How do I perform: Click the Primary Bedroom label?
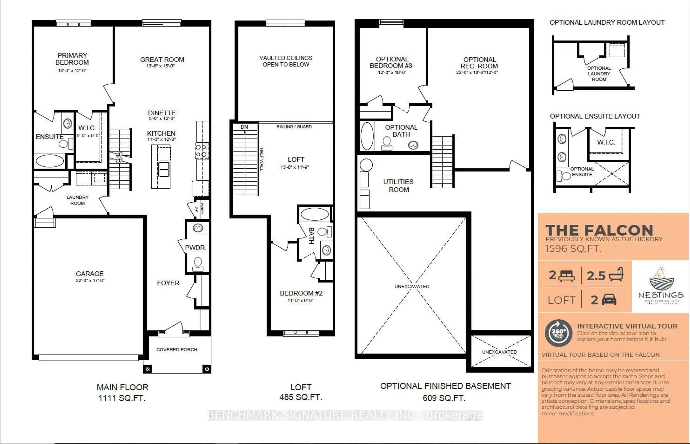point(72,59)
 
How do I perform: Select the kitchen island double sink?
point(164,169)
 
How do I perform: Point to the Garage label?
point(89,274)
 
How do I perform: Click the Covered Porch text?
point(177,350)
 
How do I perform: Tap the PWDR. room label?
point(195,248)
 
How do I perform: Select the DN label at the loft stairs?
point(244,127)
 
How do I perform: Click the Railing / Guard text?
point(294,127)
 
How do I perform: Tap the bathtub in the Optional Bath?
point(367,136)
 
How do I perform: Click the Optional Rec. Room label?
point(479,63)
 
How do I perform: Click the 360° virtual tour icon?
point(558,333)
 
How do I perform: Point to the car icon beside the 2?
point(609,300)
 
